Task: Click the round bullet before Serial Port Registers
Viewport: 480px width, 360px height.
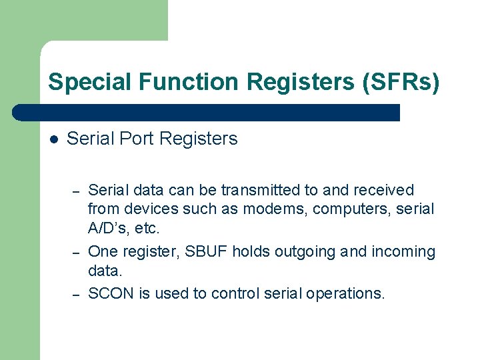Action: click(x=55, y=139)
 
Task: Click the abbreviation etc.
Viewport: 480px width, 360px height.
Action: click(x=147, y=228)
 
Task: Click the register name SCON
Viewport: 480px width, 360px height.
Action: click(x=111, y=293)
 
